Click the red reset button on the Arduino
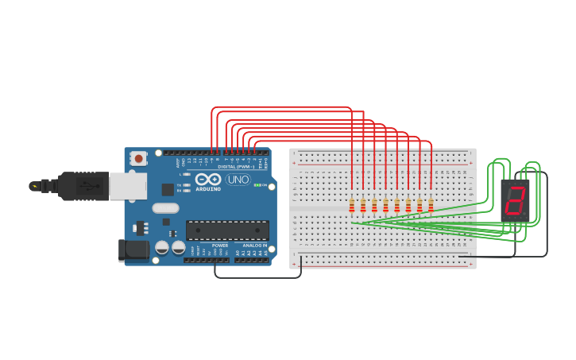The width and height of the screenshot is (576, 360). click(139, 159)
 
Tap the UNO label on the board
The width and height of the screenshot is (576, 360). click(238, 180)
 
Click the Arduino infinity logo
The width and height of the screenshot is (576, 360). click(207, 180)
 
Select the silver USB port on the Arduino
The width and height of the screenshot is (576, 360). click(127, 186)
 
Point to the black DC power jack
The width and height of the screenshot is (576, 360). click(133, 250)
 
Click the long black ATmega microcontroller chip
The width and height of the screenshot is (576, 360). click(227, 230)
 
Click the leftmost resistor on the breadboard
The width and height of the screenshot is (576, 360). click(352, 207)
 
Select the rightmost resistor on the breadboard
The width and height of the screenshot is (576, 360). click(431, 207)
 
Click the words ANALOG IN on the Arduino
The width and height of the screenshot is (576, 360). click(254, 246)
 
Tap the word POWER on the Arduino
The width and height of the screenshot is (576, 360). click(220, 246)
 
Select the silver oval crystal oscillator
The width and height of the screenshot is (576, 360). click(165, 208)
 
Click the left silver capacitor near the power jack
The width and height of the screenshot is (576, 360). click(161, 247)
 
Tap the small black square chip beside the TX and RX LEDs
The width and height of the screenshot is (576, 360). click(168, 189)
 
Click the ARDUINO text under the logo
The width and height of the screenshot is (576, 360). click(207, 189)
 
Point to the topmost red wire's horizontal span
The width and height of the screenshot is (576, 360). click(282, 106)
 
